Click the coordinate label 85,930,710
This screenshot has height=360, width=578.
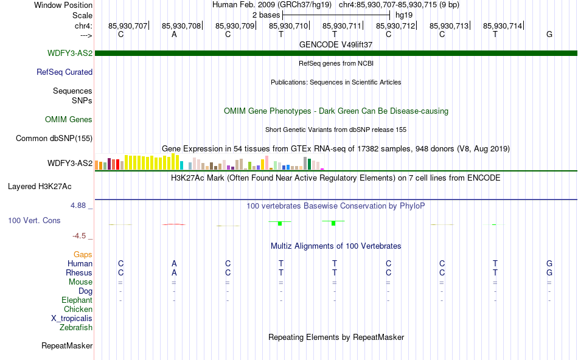pos(288,26)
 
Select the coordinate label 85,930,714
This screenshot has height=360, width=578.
pos(503,26)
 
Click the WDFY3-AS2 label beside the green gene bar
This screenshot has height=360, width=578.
pos(70,53)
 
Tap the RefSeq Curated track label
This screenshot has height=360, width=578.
pos(64,72)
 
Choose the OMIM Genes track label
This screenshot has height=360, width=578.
pos(69,119)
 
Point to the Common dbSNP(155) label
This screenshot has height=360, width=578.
pos(54,138)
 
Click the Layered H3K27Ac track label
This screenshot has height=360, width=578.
pos(40,187)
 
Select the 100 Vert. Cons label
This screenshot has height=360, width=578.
pos(34,220)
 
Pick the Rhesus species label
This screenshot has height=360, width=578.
pos(79,272)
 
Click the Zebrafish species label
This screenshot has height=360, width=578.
pos(76,327)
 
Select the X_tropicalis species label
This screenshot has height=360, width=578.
pos(72,319)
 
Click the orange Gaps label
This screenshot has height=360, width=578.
pos(83,254)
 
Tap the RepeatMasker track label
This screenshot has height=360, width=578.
pos(67,345)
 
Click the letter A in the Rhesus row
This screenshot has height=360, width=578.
pos(174,272)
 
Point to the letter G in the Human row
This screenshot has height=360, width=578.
pos(549,263)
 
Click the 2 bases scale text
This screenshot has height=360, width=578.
pos(266,15)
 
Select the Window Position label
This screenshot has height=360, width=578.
pos(63,5)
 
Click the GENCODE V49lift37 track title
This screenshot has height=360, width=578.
pos(336,44)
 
